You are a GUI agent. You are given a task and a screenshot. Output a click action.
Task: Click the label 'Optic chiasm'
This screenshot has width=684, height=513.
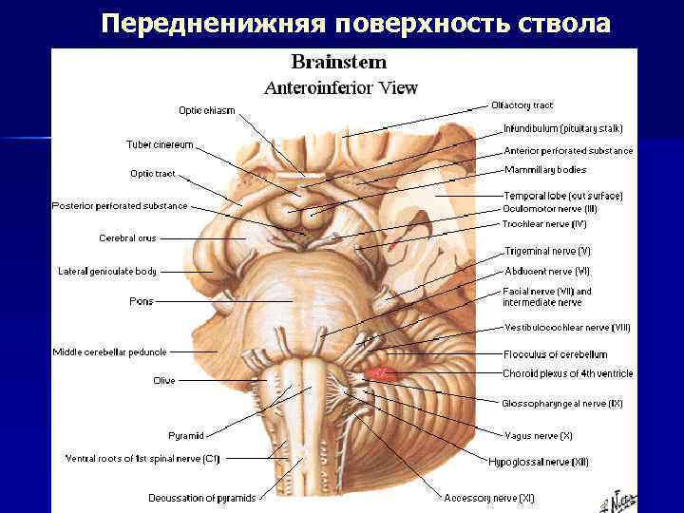(207, 111)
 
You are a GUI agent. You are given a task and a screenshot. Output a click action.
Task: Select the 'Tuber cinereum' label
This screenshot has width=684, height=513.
(160, 144)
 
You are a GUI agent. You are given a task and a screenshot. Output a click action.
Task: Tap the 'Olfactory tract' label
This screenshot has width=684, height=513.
(522, 105)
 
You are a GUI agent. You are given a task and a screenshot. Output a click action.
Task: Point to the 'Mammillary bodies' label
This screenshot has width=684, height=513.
(545, 170)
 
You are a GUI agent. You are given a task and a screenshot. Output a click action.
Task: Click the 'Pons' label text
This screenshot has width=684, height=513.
(141, 301)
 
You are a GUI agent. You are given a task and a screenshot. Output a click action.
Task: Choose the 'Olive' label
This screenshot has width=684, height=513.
(164, 381)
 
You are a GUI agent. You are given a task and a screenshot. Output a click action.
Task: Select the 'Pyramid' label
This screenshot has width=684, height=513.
(186, 436)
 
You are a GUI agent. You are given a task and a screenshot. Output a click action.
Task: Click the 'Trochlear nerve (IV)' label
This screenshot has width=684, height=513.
(544, 224)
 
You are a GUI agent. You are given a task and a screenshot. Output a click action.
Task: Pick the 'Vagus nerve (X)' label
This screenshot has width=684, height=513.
(538, 435)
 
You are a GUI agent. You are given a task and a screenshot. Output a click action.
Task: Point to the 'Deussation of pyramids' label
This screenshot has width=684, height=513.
(201, 498)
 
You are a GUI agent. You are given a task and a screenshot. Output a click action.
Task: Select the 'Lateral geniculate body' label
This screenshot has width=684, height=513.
(107, 272)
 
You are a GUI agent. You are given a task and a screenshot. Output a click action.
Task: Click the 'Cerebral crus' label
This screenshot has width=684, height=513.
(127, 237)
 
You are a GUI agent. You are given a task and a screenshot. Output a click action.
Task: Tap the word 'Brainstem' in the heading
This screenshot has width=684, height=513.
(339, 63)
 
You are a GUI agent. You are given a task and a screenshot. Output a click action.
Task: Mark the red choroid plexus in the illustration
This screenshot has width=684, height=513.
(380, 374)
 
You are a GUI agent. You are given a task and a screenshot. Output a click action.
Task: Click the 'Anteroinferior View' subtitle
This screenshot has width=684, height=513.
(340, 88)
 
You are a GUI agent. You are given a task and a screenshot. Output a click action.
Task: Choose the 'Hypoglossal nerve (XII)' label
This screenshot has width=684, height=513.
(539, 462)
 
